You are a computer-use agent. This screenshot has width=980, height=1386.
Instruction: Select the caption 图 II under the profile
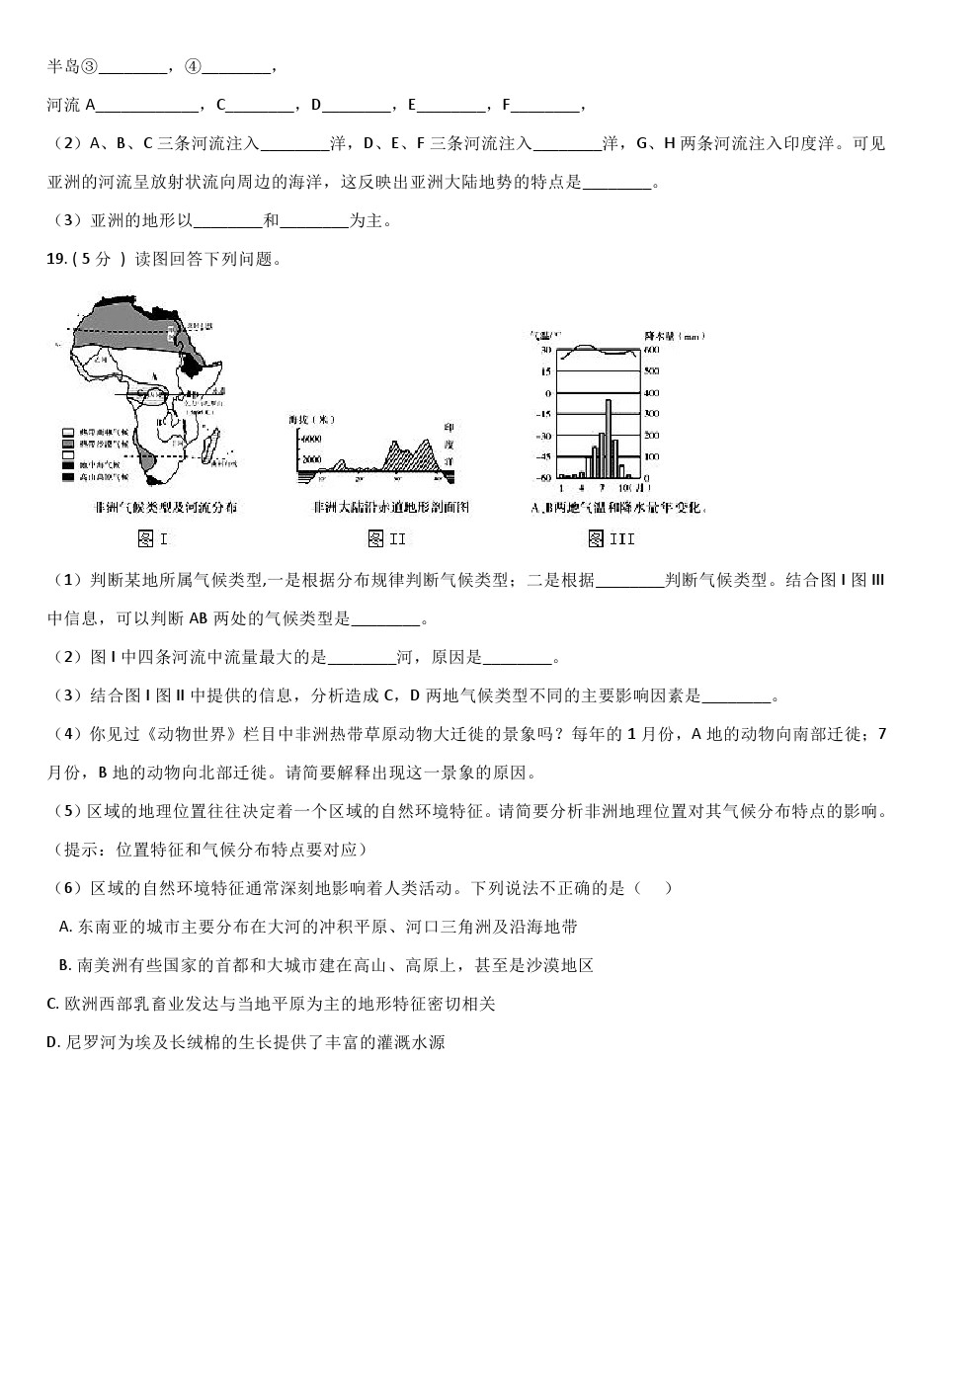(386, 538)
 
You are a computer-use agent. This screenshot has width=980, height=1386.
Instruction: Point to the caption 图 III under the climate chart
(611, 538)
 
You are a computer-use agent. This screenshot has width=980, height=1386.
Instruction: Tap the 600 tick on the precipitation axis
(651, 350)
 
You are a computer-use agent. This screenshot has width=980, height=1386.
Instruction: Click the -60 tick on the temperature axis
(543, 478)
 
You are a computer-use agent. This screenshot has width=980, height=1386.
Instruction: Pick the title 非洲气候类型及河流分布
(162, 507)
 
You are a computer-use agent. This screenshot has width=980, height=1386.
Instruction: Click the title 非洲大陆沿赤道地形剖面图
(389, 507)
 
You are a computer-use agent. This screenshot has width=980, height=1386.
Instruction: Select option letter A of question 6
(65, 927)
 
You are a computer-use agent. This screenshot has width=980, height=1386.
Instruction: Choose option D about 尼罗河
(246, 1042)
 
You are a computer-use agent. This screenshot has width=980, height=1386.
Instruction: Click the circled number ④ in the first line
(193, 67)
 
